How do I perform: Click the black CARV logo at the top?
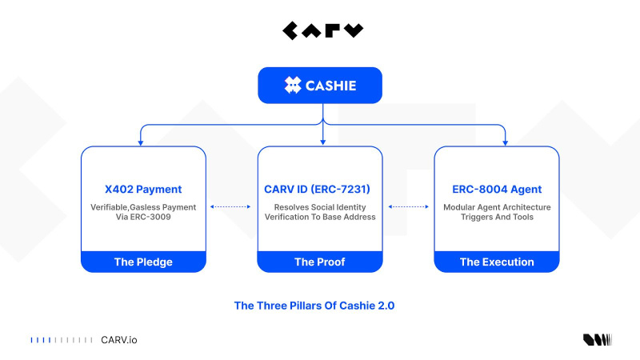[322, 31]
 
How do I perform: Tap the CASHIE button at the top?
[320, 85]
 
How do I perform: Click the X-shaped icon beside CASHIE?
[293, 85]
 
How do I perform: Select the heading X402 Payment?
[143, 190]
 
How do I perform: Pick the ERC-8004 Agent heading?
[497, 190]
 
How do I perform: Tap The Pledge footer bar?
[143, 262]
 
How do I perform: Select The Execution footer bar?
[497, 262]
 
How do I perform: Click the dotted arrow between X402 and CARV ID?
[231, 206]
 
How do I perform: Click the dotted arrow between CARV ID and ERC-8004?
[409, 206]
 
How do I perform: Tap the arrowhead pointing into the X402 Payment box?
[141, 142]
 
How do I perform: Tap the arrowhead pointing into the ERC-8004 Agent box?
[506, 142]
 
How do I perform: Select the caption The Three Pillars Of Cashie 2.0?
[320, 305]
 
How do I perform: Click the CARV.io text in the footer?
[118, 340]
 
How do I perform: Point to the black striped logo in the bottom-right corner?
[597, 340]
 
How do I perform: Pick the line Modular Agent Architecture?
[497, 206]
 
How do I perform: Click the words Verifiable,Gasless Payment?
[143, 206]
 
